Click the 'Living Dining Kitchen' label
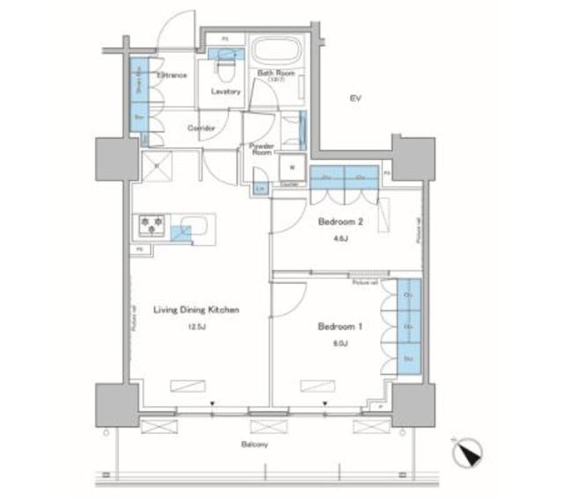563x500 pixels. [x=197, y=310]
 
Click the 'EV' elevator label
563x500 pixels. [x=355, y=97]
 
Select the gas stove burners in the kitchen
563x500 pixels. [x=150, y=225]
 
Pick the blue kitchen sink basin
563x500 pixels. [x=181, y=232]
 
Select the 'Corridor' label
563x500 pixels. [x=202, y=127]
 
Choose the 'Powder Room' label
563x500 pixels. [x=262, y=148]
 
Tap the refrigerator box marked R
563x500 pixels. [x=157, y=164]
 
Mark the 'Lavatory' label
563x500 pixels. [x=226, y=91]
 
